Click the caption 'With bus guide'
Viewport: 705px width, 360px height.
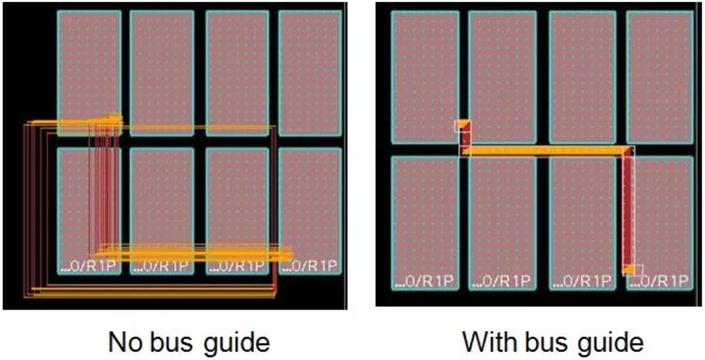pos(552,341)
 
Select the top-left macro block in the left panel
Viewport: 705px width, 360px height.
pos(88,62)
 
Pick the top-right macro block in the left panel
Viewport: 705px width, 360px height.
pos(309,73)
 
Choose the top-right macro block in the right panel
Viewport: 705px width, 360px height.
pos(658,77)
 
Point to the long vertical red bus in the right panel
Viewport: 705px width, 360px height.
pos(628,212)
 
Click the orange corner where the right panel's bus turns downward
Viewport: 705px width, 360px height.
pos(626,151)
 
